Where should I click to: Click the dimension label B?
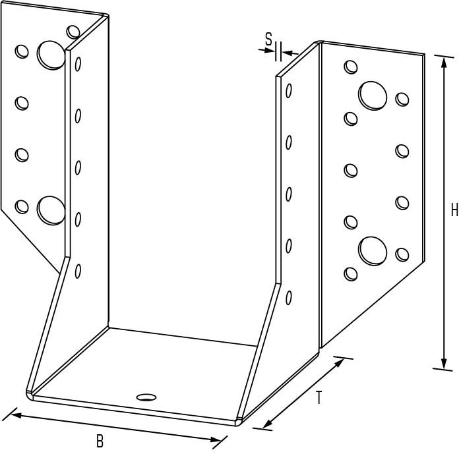coord(100,441)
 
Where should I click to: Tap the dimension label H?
coord(454,210)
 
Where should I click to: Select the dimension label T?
coord(319,397)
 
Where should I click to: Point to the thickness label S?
coord(268,39)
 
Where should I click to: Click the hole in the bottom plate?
coord(146,397)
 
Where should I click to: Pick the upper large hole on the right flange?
coord(373,96)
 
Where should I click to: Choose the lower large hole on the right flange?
coord(373,251)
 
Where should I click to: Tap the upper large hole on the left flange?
coord(51,55)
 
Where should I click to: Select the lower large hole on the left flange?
coord(51,211)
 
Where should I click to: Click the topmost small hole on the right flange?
coord(351,67)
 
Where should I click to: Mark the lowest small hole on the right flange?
coord(351,274)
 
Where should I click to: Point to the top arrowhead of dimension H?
coord(444,62)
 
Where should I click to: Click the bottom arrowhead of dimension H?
coord(444,364)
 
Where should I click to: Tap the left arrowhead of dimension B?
coord(15,415)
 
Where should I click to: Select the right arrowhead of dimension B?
coord(216,439)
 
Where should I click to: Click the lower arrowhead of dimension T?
coord(267,424)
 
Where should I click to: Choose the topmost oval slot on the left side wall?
coord(78,64)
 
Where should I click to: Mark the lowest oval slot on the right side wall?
coord(289,298)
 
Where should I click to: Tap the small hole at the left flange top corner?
coord(73,32)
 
